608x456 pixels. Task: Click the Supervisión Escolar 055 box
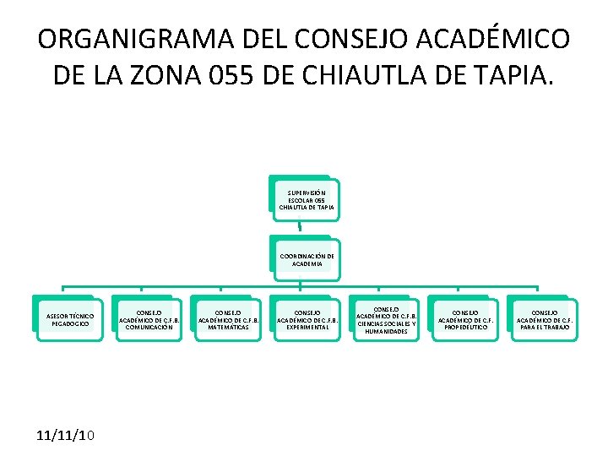[x=305, y=199]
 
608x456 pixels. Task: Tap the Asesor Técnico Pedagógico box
[x=70, y=318]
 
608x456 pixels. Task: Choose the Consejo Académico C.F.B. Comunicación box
[x=149, y=318]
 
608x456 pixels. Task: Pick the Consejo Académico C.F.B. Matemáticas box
[x=228, y=318]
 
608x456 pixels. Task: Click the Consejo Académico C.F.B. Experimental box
[x=307, y=318]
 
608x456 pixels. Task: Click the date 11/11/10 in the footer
[x=67, y=435]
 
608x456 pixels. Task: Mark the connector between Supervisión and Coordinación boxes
[x=300, y=225]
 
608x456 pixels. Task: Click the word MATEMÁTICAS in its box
[x=228, y=327]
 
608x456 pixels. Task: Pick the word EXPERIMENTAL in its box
[x=307, y=327]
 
